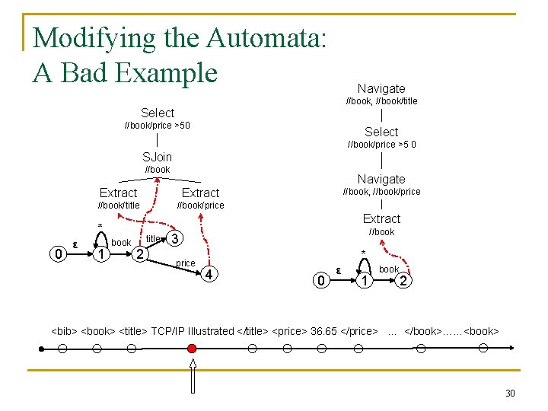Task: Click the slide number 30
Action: coord(510,393)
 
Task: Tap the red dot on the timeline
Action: coord(192,349)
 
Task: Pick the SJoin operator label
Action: coord(158,157)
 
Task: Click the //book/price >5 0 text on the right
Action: coord(381,145)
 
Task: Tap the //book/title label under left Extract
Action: coord(119,205)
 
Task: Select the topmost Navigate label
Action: coord(381,88)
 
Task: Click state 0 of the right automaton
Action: coord(320,282)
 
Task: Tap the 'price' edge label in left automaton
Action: coord(185,263)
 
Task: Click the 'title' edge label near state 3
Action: coord(153,239)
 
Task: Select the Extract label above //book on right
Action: coord(381,218)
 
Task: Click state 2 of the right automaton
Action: coord(405,282)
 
